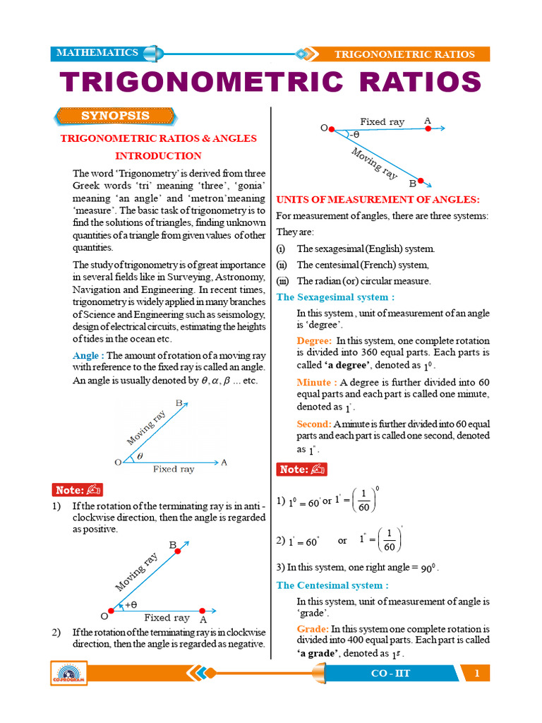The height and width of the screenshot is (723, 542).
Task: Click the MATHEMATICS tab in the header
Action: click(x=97, y=53)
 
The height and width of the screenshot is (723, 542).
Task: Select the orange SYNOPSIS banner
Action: click(x=115, y=116)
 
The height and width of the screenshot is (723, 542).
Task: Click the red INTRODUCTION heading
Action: click(x=158, y=156)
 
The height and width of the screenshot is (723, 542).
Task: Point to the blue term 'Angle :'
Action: click(x=88, y=356)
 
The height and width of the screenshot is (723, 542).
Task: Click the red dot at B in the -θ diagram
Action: click(x=421, y=181)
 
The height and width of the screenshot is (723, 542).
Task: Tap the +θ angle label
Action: click(x=131, y=605)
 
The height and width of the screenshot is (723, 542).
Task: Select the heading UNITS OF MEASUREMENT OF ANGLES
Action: click(x=378, y=200)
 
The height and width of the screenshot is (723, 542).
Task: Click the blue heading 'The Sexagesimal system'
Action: click(x=335, y=297)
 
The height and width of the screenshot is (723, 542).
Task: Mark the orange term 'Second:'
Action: click(x=314, y=424)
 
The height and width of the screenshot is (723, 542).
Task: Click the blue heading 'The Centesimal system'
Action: click(x=332, y=585)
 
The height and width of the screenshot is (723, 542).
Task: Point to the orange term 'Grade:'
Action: click(x=313, y=629)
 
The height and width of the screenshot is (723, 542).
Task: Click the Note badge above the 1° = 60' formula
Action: click(x=301, y=470)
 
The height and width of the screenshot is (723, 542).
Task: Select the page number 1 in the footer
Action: click(x=477, y=674)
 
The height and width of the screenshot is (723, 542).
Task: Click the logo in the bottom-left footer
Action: click(x=68, y=674)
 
